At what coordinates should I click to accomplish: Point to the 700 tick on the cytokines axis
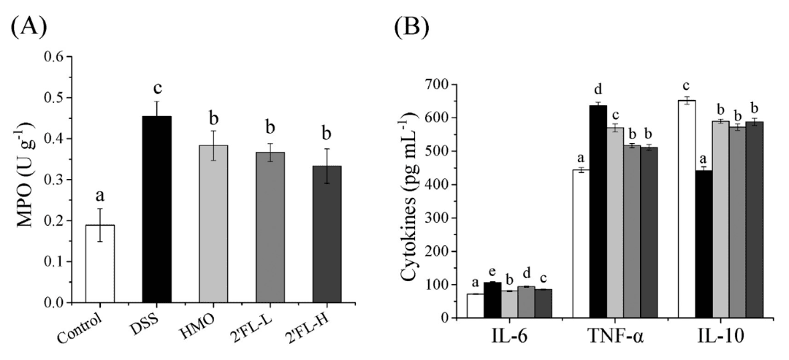point(445,85)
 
